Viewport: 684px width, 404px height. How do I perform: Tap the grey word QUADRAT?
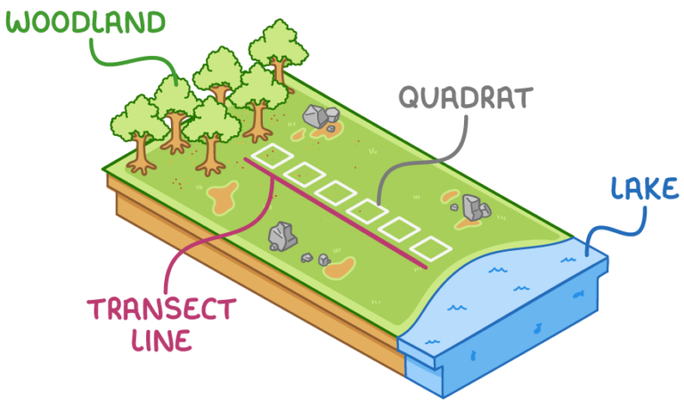coord(464,97)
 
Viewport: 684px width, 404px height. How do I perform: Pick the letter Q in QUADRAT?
coord(411,97)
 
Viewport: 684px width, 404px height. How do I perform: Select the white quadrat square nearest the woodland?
coord(273,157)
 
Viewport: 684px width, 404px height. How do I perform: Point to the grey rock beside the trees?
coord(317,117)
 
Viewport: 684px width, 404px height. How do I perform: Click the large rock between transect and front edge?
coord(283,236)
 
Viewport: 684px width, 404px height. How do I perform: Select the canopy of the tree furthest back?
coord(277,41)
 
